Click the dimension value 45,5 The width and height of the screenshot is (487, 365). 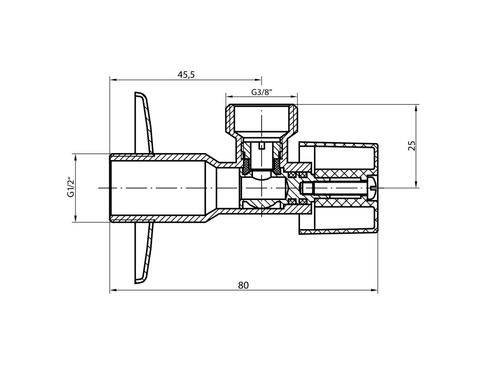click(186, 75)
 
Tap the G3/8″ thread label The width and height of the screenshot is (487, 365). click(261, 92)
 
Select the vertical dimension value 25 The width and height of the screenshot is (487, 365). click(412, 145)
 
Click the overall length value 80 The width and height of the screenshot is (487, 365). click(243, 285)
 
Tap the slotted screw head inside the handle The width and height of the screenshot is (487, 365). click(371, 188)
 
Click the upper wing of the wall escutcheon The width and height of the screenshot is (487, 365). click(145, 124)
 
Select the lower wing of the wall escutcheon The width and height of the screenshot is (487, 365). click(145, 252)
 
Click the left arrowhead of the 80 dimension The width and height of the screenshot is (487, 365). click(113, 290)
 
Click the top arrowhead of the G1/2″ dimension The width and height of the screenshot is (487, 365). click(75, 157)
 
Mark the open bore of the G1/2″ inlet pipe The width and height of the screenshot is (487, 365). click(157, 188)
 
